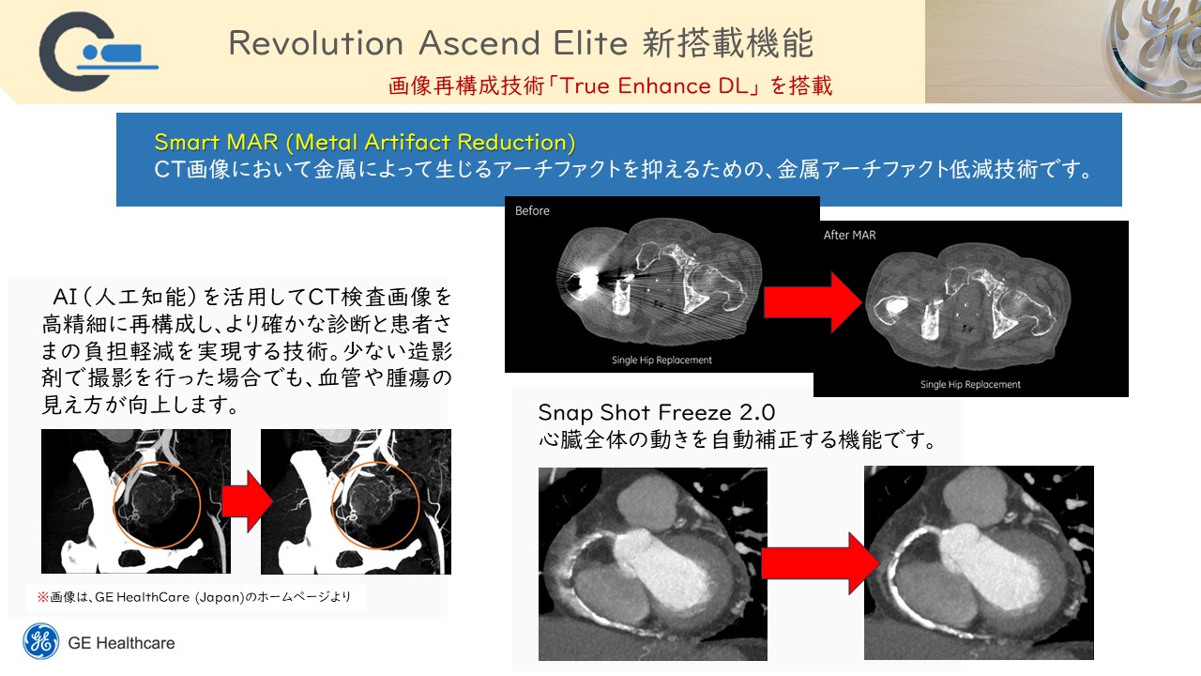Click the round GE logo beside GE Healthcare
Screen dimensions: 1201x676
[40, 641]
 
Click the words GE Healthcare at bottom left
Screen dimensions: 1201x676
[121, 643]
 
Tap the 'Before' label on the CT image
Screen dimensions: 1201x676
[532, 211]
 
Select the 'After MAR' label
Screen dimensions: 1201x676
[849, 235]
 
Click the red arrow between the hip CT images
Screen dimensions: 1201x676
[813, 302]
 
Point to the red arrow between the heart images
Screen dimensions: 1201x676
[820, 562]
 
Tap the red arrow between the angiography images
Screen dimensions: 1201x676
[247, 501]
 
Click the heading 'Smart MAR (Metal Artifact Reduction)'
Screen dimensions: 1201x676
[365, 142]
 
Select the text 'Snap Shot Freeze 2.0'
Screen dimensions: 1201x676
[656, 412]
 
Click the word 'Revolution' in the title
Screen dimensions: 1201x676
[316, 43]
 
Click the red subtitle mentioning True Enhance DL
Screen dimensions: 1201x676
[610, 85]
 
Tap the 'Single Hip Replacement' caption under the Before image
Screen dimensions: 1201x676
[661, 360]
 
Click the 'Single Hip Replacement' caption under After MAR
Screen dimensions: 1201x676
[970, 384]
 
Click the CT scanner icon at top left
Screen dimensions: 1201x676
[99, 52]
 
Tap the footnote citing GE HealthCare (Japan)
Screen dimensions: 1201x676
[194, 597]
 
